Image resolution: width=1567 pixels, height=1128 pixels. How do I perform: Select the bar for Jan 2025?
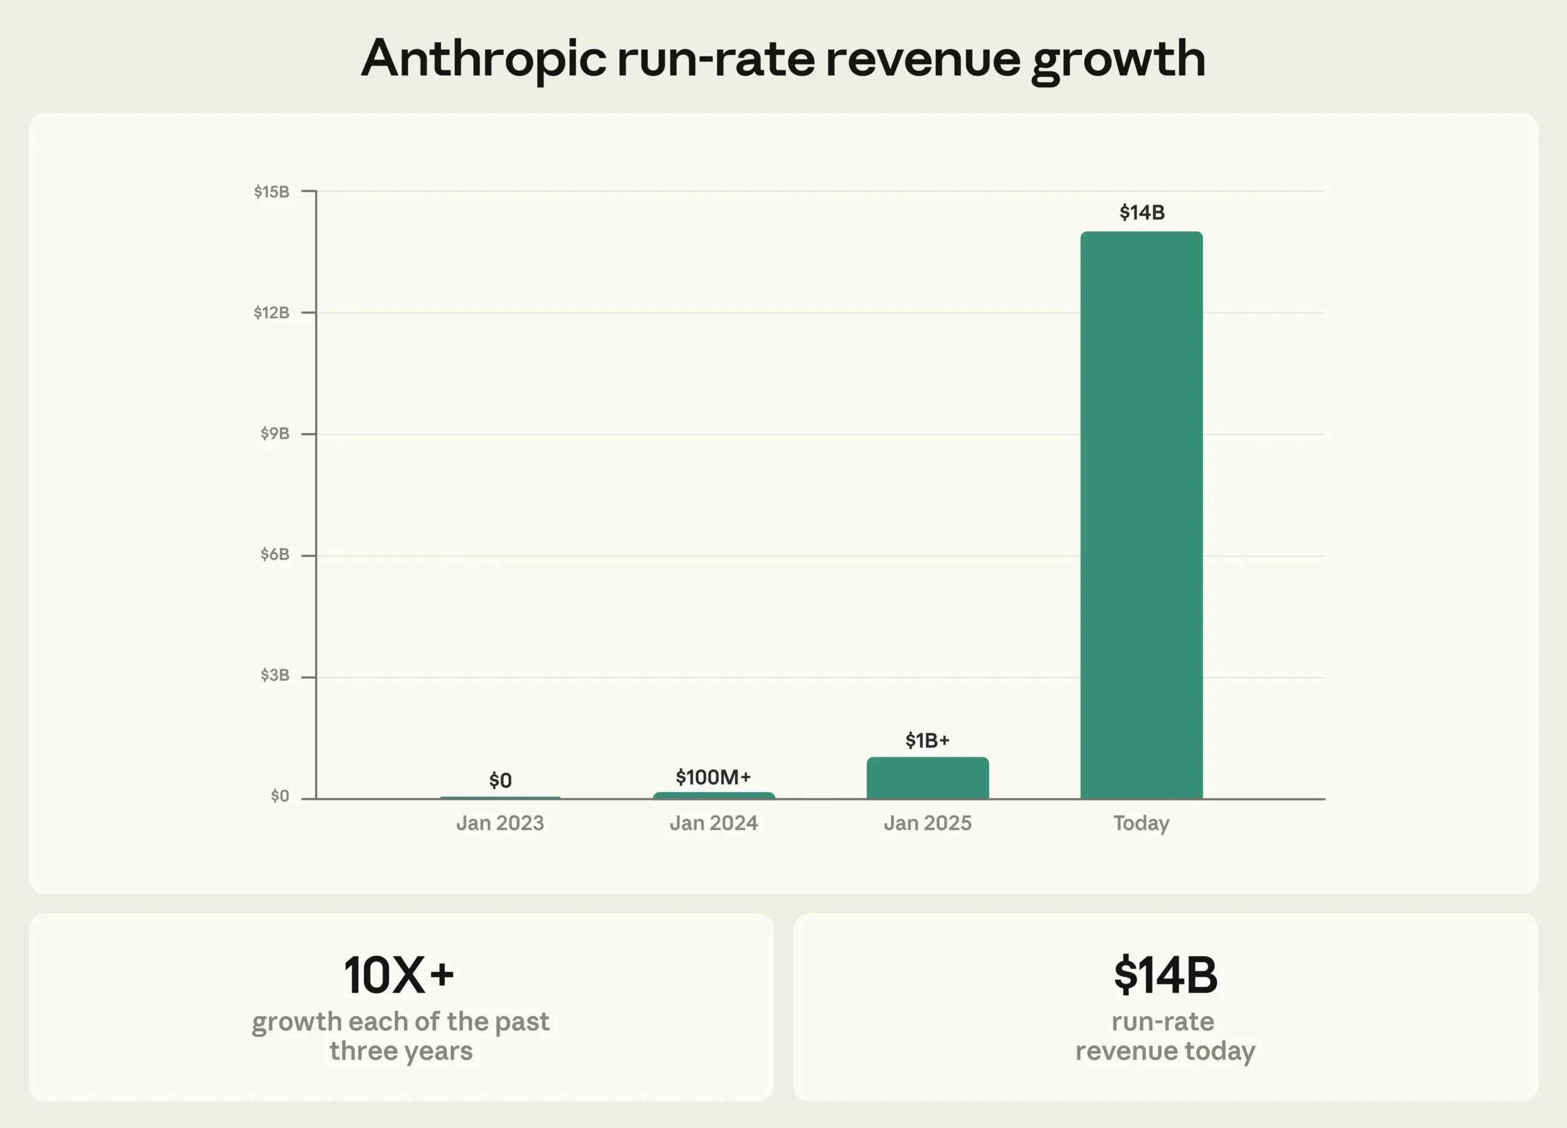point(927,778)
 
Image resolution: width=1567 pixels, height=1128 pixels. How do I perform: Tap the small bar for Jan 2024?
point(714,795)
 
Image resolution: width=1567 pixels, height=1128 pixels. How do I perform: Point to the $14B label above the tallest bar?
point(1142,212)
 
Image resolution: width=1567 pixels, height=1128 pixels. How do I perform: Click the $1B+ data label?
point(927,741)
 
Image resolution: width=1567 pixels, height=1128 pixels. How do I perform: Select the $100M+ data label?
point(713,777)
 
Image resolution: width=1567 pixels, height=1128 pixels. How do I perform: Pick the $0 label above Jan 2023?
point(500,780)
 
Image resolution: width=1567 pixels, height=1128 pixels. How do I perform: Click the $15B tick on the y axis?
point(272,192)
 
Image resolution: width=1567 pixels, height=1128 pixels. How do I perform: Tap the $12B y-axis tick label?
point(272,312)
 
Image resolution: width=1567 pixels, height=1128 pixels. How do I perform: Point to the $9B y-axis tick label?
point(274,433)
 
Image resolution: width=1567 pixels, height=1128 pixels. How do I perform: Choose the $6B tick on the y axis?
point(274,554)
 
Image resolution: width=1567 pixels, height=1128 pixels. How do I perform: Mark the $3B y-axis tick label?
point(274,675)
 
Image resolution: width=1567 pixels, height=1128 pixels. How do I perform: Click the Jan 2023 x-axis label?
point(500,823)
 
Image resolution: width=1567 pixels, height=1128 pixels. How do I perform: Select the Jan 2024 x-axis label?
point(714,823)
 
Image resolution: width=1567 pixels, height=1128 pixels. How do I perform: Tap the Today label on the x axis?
point(1141,823)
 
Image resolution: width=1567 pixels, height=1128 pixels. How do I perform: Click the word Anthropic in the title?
point(484,59)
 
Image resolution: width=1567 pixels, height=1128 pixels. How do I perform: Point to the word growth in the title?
point(1118,59)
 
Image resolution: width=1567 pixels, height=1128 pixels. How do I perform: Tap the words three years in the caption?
point(401,1051)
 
